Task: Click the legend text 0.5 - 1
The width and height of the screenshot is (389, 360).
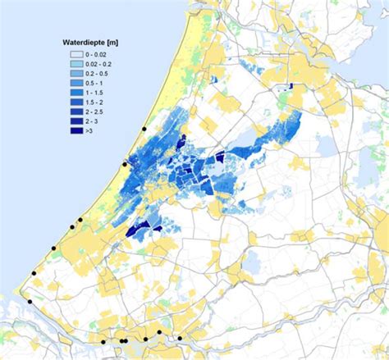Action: (x=94, y=82)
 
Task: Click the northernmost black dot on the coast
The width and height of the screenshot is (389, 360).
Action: (x=144, y=129)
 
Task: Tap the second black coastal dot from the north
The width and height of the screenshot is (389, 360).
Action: (x=125, y=164)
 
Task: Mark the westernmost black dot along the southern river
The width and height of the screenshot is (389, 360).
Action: (x=104, y=340)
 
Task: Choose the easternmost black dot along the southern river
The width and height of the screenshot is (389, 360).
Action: (x=180, y=337)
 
